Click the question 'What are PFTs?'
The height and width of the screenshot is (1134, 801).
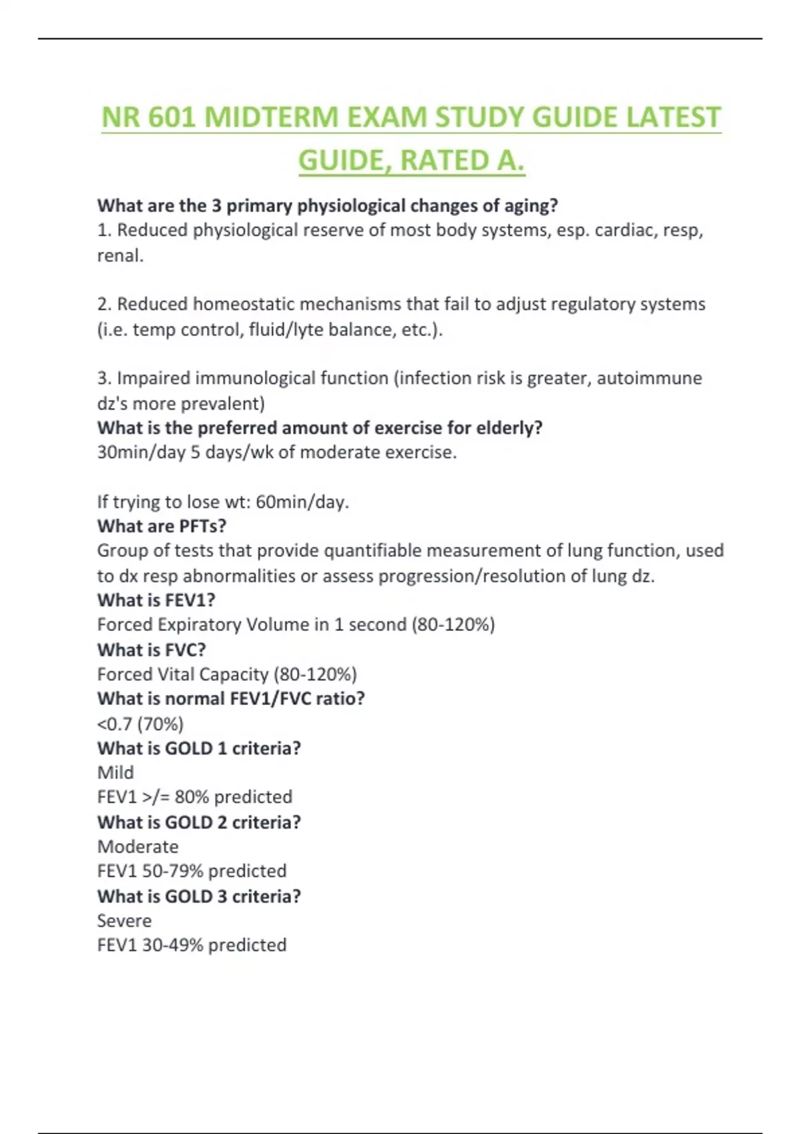(162, 526)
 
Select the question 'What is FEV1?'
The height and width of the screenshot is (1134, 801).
(156, 600)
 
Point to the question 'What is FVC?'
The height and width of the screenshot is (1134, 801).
(152, 650)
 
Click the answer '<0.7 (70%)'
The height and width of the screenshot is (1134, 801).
(140, 724)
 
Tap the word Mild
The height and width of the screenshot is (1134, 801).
(115, 772)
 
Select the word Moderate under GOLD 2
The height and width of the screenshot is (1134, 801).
(138, 846)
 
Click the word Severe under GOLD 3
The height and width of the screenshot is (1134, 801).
(124, 921)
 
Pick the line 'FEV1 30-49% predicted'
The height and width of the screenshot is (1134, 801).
(192, 945)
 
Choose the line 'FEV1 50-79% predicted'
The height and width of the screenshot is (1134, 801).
(192, 871)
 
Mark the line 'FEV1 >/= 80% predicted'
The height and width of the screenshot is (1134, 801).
(195, 797)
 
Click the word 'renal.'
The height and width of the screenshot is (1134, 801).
(120, 255)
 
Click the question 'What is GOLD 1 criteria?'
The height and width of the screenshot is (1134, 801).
(199, 748)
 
